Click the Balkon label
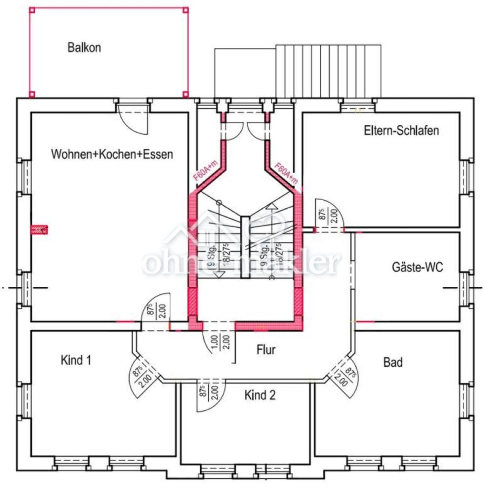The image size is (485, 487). [x=84, y=47]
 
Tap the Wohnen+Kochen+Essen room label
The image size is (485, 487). [x=112, y=155]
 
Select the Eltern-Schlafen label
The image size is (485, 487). [x=401, y=130]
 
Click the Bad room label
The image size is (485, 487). [x=393, y=362]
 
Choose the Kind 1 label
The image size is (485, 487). [x=76, y=360]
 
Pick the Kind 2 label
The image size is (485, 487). [x=260, y=395]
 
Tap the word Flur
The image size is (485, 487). [x=266, y=350]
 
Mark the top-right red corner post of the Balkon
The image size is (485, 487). [x=186, y=10]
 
